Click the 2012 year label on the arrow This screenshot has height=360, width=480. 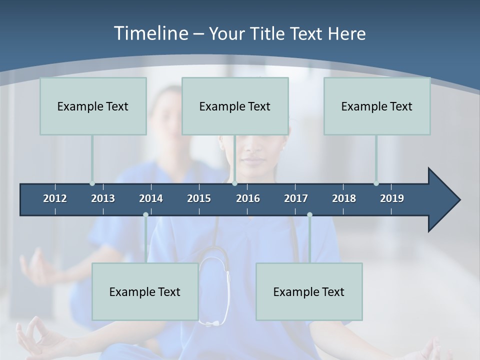pyautogui.click(x=55, y=198)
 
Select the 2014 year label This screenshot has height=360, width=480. pyautogui.click(x=151, y=198)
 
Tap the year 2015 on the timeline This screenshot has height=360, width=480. pyautogui.click(x=199, y=198)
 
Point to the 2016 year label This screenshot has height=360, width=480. pyautogui.click(x=248, y=198)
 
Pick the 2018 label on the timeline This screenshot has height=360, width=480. pyautogui.click(x=344, y=198)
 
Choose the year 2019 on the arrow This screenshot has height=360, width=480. pyautogui.click(x=392, y=198)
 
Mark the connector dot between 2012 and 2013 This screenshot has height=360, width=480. pyautogui.click(x=92, y=183)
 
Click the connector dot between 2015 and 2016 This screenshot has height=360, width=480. pyautogui.click(x=234, y=183)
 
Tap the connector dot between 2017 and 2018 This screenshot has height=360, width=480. pyautogui.click(x=309, y=215)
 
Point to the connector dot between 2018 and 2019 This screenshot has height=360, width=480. pyautogui.click(x=376, y=183)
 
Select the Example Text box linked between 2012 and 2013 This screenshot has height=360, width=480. pyautogui.click(x=93, y=106)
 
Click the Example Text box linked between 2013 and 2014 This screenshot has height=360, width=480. pyautogui.click(x=145, y=291)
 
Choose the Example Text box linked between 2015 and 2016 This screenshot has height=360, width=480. pyautogui.click(x=235, y=106)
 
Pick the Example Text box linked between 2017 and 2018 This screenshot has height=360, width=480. pyautogui.click(x=309, y=291)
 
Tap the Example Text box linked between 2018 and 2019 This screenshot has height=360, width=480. pyautogui.click(x=377, y=106)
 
